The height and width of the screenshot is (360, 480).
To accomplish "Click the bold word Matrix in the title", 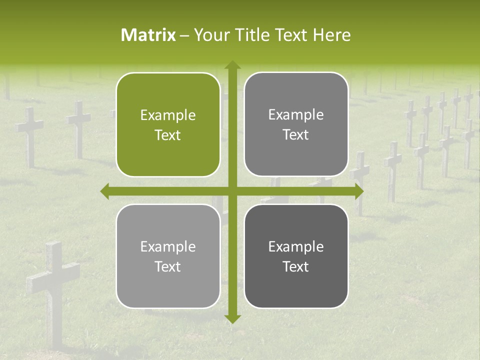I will click(x=148, y=35).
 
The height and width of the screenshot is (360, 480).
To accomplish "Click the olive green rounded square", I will click(x=168, y=124).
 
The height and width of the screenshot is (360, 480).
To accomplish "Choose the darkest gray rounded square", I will click(x=296, y=256).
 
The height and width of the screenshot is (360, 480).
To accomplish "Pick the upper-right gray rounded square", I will click(x=296, y=124).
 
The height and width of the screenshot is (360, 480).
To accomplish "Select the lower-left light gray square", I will click(x=168, y=256).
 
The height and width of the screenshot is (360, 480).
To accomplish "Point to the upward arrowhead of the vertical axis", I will click(x=232, y=64).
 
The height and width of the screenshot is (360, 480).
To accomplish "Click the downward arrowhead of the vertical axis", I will click(x=232, y=318).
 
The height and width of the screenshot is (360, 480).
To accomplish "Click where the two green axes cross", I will click(x=232, y=191).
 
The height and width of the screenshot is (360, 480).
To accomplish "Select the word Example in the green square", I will click(x=168, y=115).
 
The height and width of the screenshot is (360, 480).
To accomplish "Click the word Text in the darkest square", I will click(x=296, y=266).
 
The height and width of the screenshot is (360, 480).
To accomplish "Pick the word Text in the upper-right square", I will click(x=296, y=135).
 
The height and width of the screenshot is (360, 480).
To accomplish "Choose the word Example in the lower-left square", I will click(x=168, y=247).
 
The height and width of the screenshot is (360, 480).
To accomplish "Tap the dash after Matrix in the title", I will click(x=184, y=35).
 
